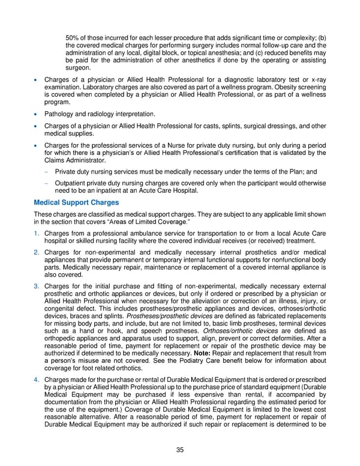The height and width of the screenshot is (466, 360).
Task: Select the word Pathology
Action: (x=59, y=114)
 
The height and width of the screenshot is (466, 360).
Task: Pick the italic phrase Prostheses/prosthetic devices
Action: (x=165, y=316)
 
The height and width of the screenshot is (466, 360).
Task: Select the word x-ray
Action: (x=318, y=80)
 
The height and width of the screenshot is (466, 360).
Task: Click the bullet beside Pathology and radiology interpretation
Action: (x=37, y=114)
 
